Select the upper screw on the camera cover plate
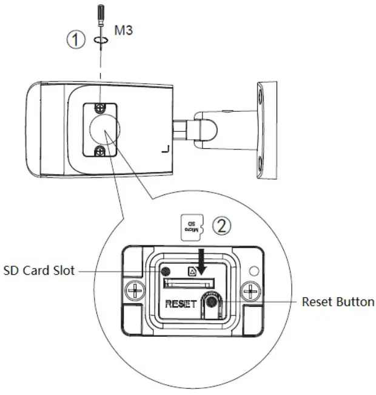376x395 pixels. click(99, 108)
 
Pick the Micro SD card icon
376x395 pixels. click(192, 225)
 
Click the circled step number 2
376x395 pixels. click(223, 226)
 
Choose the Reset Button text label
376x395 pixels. click(338, 301)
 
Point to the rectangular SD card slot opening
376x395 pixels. click(189, 281)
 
